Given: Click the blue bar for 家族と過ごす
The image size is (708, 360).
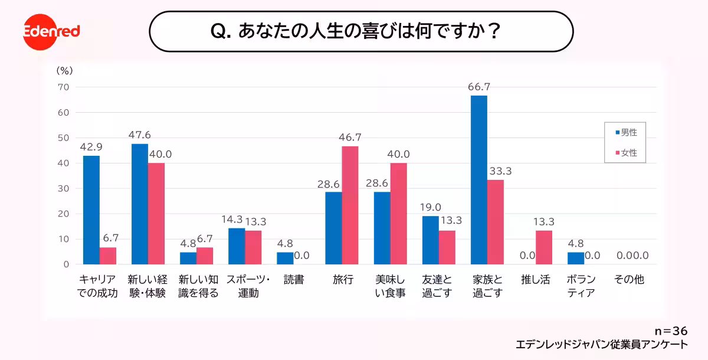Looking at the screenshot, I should (x=479, y=180).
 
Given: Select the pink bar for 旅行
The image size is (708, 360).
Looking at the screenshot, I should (x=350, y=205).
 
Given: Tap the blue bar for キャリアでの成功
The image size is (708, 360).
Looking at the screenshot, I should (x=91, y=210).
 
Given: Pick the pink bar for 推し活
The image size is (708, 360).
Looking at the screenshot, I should (x=544, y=247).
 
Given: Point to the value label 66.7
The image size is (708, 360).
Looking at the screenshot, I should (x=478, y=87).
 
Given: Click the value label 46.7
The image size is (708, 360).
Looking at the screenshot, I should (x=350, y=138).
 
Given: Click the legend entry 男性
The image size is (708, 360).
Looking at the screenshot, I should (x=625, y=133).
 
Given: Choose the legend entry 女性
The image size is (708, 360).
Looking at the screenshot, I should (x=625, y=152).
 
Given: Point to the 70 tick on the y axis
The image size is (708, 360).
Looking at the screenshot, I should (x=63, y=87).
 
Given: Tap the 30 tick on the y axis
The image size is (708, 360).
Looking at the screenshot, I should (x=63, y=188).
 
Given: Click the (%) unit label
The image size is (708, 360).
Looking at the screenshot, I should (x=64, y=70).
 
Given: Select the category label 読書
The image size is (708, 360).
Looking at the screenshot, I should (x=294, y=280).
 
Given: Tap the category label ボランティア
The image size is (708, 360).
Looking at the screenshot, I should (x=581, y=286).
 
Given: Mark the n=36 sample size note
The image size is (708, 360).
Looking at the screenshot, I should (x=671, y=331).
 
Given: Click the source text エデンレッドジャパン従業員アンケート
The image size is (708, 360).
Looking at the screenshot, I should (x=601, y=345).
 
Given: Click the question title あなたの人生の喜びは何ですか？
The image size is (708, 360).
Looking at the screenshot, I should (x=361, y=31).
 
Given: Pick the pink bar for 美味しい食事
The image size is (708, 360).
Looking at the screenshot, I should (x=399, y=214).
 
